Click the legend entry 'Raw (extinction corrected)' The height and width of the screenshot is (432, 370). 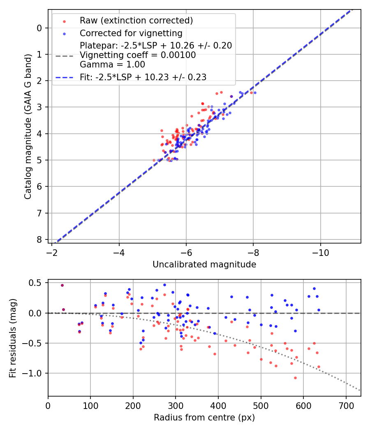(136, 21)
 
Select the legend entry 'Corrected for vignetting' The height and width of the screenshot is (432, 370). (131, 33)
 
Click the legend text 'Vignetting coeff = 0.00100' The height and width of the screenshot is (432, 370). (138, 55)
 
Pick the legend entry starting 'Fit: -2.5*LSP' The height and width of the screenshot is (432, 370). (143, 77)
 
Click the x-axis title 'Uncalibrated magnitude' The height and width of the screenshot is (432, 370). (204, 265)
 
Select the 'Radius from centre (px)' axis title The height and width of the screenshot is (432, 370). (204, 418)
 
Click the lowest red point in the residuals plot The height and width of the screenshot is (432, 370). (295, 378)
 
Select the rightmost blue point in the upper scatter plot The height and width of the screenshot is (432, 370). (255, 93)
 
